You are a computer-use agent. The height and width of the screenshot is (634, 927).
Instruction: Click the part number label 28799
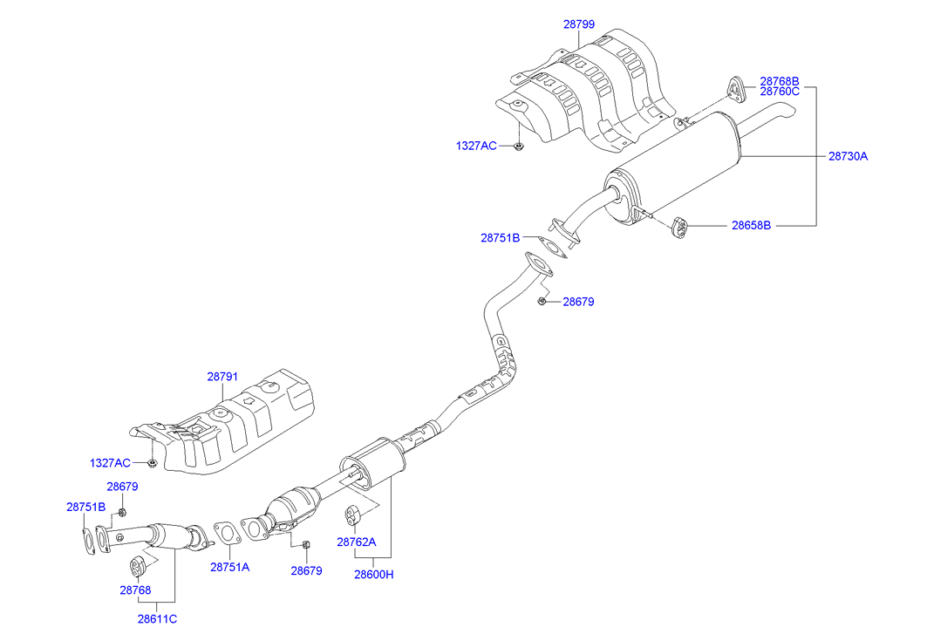point(579,24)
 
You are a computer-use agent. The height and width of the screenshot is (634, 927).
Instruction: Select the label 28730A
point(848,157)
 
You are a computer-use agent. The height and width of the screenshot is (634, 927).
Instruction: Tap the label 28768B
point(779,80)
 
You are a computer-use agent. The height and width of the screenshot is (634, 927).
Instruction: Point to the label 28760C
point(779,91)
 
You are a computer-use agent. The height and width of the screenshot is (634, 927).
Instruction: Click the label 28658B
point(751,225)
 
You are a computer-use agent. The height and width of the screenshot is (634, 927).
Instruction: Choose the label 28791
point(222,377)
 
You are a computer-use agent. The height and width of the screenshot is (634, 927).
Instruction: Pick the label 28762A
point(357,542)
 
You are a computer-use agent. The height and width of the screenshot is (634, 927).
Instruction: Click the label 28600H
point(374,574)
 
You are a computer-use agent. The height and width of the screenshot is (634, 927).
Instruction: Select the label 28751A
point(229,567)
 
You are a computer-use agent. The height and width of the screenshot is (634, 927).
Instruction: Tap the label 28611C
point(157,619)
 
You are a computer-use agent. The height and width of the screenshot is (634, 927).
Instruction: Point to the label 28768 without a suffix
point(135,590)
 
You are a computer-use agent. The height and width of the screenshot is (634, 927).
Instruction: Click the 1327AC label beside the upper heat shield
point(476,146)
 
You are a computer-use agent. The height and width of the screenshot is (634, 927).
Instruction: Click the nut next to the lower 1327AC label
point(153,462)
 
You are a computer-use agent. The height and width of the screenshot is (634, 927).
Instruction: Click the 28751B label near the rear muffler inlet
point(500,237)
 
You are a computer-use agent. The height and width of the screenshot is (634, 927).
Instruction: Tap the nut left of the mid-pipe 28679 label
point(542,302)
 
